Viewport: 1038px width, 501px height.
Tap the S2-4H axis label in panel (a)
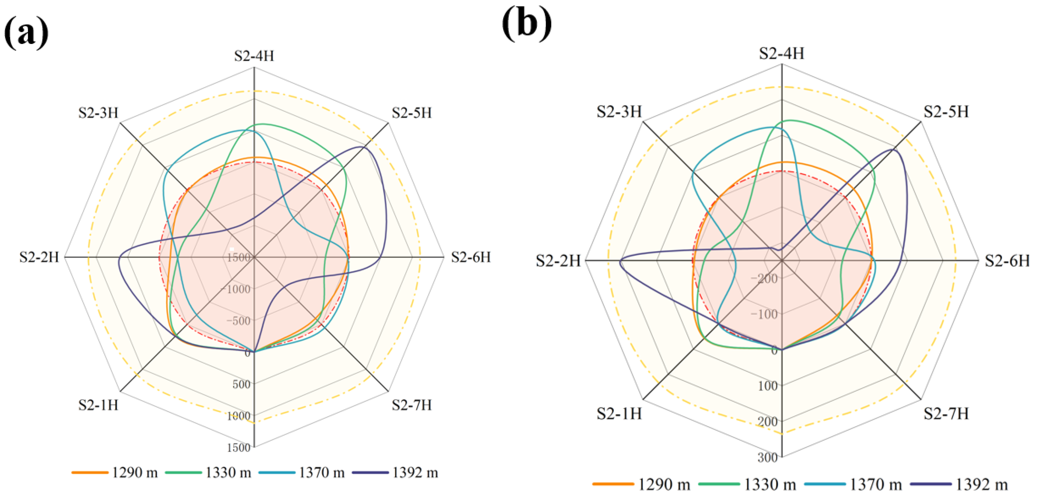coord(254,56)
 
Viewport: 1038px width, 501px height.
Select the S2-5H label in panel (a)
coord(411,113)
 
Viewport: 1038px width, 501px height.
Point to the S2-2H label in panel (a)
coord(39,257)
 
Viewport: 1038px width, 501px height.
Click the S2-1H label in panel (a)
coord(98,405)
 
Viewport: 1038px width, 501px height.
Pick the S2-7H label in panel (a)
coord(411,405)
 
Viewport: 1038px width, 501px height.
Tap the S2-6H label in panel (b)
coord(1007,261)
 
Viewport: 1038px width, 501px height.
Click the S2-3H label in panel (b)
coord(619,112)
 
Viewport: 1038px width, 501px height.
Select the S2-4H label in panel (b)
coord(781,54)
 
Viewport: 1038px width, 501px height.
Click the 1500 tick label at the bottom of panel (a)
coord(239,447)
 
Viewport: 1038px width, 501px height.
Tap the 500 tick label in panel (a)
coord(241,384)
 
